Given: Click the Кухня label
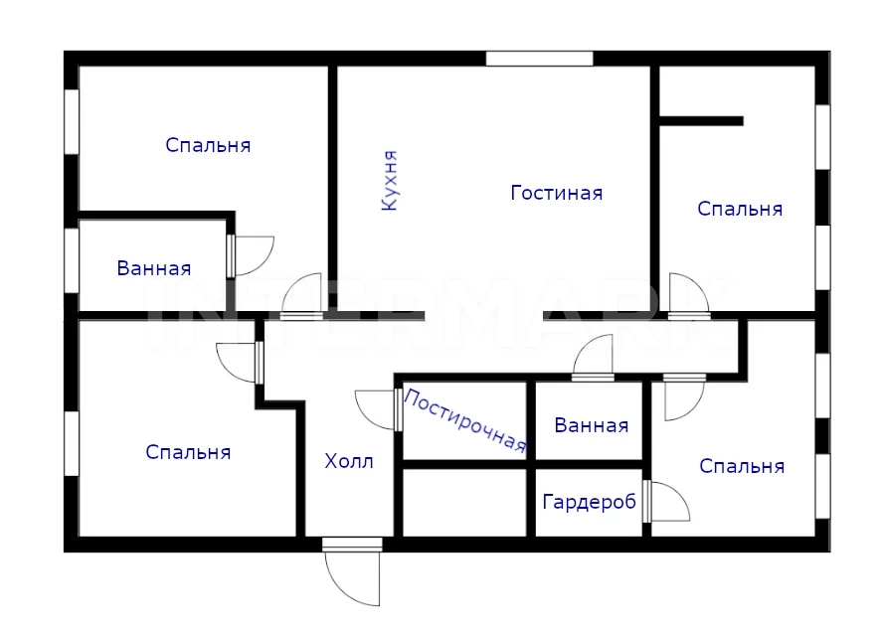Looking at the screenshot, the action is pos(390,181).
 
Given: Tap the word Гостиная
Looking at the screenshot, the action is pos(557,193).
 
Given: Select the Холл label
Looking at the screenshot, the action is pos(349,461).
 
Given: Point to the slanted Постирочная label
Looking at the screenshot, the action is pos(464,420).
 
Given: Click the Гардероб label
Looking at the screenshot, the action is pos(589,501).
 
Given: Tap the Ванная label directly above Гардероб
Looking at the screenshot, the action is pos(591,425).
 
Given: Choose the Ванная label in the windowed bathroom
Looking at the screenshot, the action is pos(154,268).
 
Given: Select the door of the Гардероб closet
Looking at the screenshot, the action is pos(666,501).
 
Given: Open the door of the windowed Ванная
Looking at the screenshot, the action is pos(251,256).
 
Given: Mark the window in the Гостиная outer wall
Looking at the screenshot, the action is pos(539,59).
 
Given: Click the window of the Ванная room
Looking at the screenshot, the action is pos(72,260).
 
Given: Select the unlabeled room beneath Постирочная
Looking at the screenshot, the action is pos(464,503).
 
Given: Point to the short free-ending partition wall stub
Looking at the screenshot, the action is pos(701,121).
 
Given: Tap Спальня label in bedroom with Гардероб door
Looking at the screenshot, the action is pos(742,466).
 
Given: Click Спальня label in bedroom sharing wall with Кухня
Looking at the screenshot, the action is pos(208,145).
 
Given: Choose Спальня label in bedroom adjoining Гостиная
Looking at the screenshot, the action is pos(740,209).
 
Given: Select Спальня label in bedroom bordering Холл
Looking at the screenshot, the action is pos(188,452).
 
